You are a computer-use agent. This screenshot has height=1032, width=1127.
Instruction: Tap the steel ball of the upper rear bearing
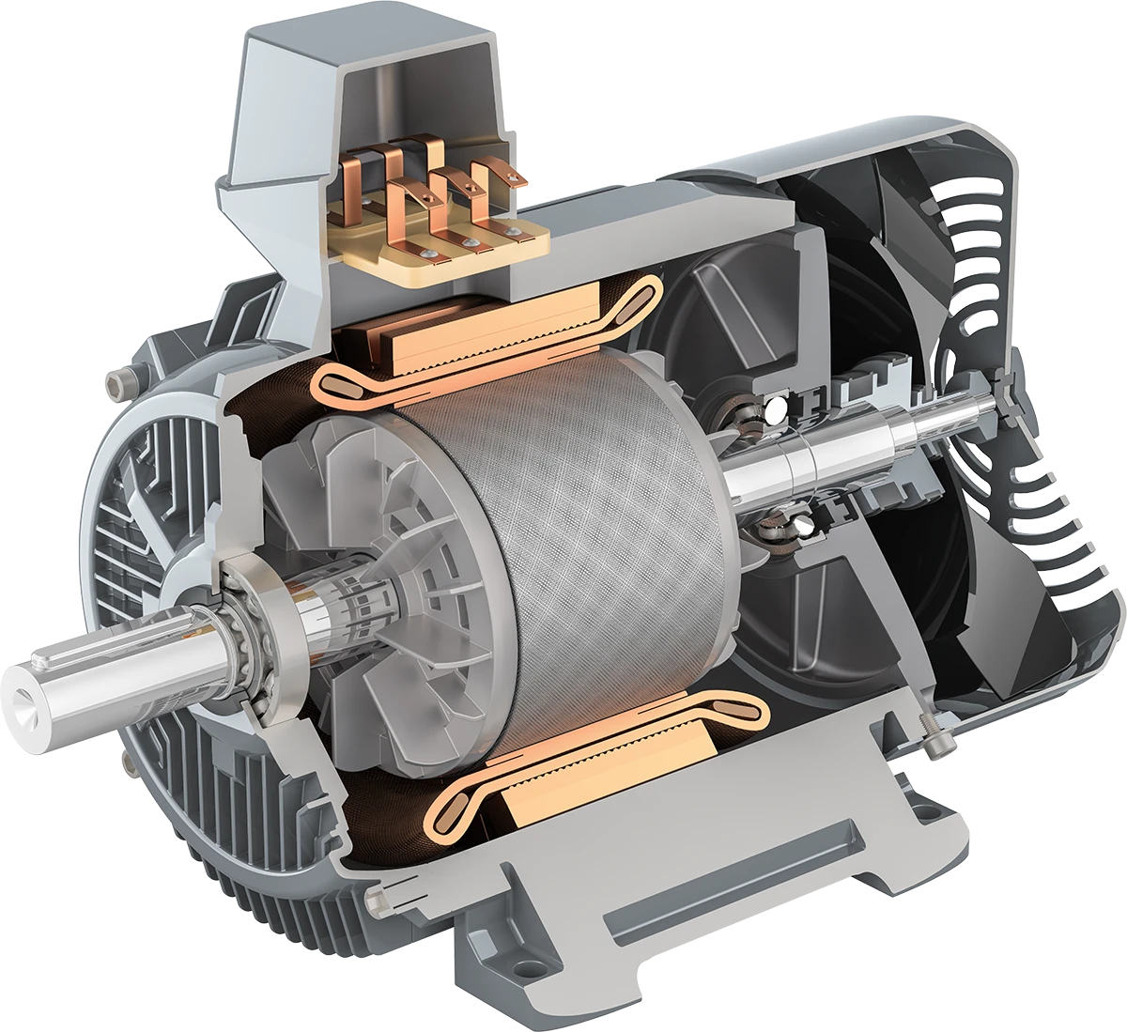pyautogui.click(x=776, y=410)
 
